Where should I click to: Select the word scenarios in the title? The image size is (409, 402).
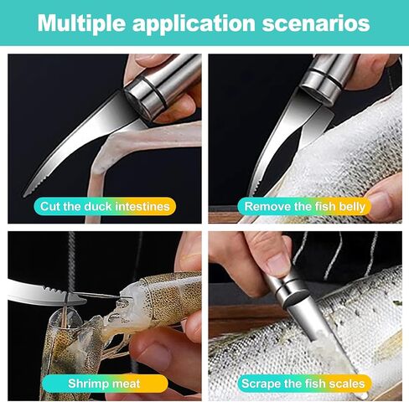tap(322, 23)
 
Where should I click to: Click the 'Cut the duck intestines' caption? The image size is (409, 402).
tap(104, 205)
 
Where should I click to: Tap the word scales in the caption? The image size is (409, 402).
tap(348, 383)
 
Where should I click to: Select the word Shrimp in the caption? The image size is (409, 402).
tap(82, 383)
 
